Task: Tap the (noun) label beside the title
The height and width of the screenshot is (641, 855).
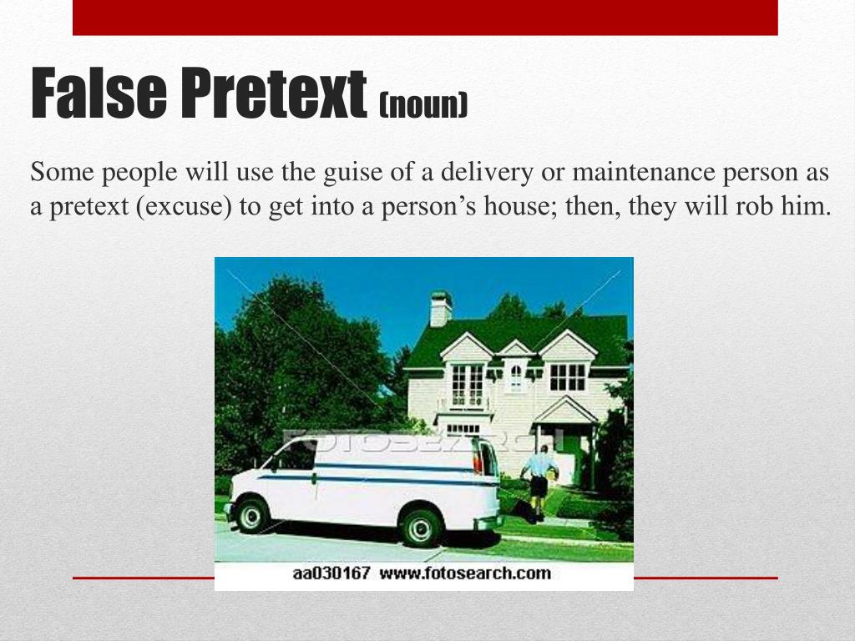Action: coord(422,105)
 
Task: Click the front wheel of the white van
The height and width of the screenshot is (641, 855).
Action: coord(251,515)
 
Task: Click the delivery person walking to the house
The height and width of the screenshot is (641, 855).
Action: coord(539,481)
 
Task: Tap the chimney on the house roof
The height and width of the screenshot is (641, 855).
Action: coord(441,309)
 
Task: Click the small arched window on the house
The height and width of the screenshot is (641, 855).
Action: coord(515,376)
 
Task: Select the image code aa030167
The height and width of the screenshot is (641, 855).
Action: coord(331,573)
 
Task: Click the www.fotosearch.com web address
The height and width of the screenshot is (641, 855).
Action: coord(467,573)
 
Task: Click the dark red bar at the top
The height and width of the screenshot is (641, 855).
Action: coord(425,18)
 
